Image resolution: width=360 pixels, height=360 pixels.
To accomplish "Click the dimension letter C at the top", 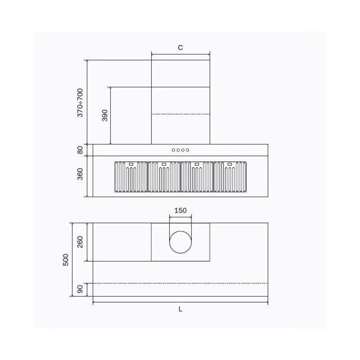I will pyautogui.click(x=180, y=48).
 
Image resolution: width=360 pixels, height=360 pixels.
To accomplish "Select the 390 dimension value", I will pyautogui.click(x=105, y=115).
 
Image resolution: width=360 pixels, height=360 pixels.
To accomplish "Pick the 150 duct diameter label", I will pyautogui.click(x=180, y=210).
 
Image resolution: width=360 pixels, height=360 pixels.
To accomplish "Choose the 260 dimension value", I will pyautogui.click(x=80, y=242).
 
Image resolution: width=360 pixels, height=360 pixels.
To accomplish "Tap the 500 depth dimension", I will pyautogui.click(x=66, y=260).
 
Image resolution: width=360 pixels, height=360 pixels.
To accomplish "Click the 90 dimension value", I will pyautogui.click(x=80, y=289).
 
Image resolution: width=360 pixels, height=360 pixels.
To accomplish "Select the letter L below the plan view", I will pyautogui.click(x=180, y=309).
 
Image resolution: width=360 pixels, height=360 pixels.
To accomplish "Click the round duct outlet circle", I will pyautogui.click(x=180, y=242).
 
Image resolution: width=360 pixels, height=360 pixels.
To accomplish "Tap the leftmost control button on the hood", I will pyautogui.click(x=174, y=150).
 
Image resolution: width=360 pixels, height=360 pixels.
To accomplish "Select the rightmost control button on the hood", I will pyautogui.click(x=188, y=150).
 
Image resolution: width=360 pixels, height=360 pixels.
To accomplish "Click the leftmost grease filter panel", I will pyautogui.click(x=131, y=177).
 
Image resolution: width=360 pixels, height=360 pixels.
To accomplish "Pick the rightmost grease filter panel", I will pyautogui.click(x=230, y=177).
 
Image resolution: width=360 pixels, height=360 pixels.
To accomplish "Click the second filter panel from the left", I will pyautogui.click(x=164, y=177).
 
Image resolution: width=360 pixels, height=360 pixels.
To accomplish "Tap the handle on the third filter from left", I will pyautogui.click(x=197, y=164).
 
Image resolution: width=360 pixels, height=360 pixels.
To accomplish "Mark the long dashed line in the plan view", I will pyautogui.click(x=180, y=283).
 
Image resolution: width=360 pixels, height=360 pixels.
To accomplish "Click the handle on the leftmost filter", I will pyautogui.click(x=131, y=164).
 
